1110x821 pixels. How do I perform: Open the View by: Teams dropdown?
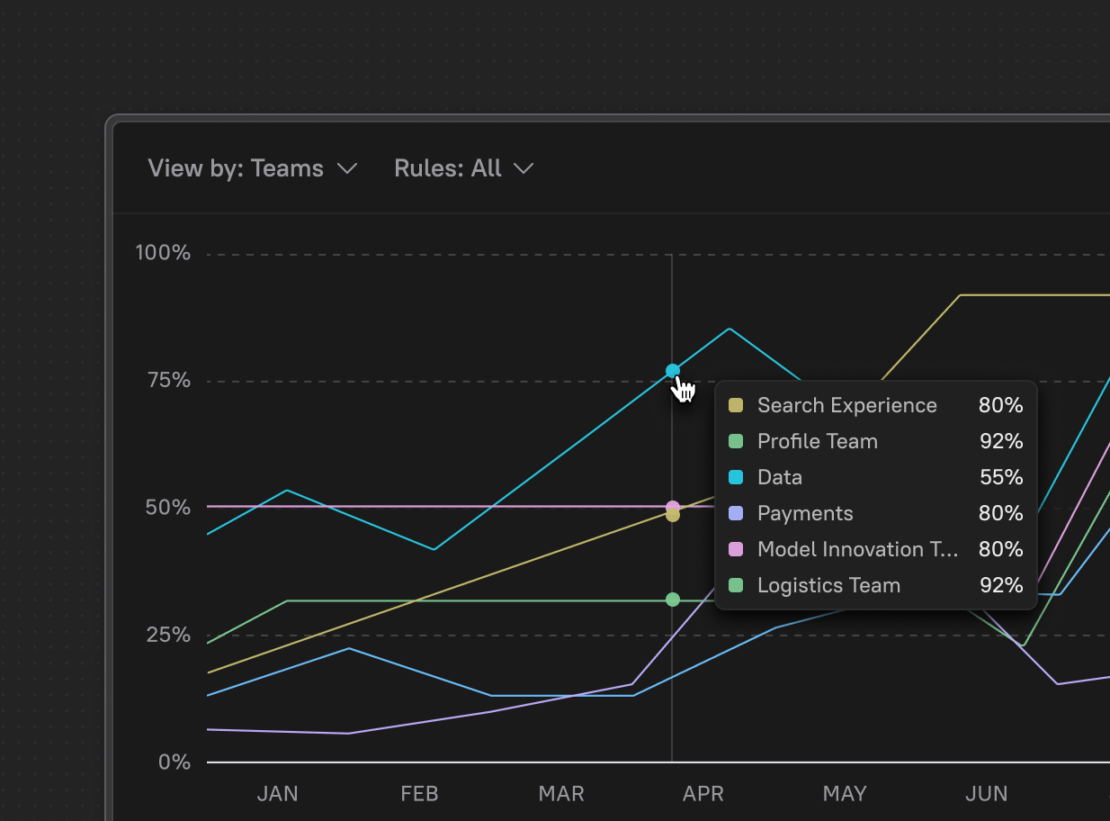point(253,168)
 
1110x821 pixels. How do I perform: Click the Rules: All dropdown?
point(463,168)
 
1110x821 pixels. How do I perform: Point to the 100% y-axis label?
point(163,253)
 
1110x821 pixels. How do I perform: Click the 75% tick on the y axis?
point(168,380)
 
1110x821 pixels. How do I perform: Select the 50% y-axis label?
point(168,508)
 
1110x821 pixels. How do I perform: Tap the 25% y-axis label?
point(168,635)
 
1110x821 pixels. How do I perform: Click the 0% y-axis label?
point(175,762)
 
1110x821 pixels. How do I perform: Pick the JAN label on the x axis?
point(277,794)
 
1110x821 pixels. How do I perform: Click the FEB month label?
point(419,794)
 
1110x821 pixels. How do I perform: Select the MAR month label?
point(561,794)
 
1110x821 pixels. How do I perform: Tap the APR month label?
point(703,794)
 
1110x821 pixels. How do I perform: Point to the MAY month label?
point(845,794)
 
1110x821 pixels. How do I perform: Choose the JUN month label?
point(986,794)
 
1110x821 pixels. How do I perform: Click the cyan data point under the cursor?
point(673,371)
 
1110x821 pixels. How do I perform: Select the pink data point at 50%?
point(673,508)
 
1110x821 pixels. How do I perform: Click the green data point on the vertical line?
point(673,600)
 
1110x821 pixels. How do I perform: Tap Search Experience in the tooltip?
point(846,406)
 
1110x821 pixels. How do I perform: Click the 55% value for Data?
point(1000,478)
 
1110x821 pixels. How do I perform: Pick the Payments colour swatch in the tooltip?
point(736,514)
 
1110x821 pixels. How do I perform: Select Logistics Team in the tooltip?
point(828,586)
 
